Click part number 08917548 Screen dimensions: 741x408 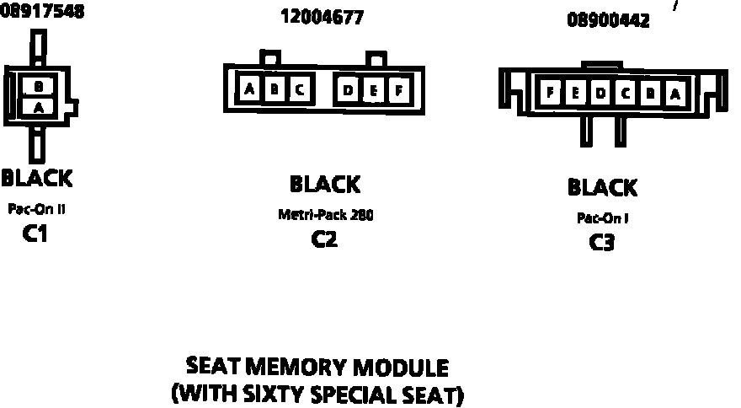click(x=42, y=12)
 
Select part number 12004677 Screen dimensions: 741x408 click(x=323, y=17)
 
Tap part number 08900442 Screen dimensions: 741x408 click(x=608, y=21)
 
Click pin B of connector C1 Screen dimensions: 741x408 click(x=39, y=85)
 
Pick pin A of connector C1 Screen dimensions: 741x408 click(x=39, y=106)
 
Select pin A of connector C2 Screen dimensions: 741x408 click(x=249, y=89)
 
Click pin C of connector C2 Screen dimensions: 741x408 click(x=298, y=89)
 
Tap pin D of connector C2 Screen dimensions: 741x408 click(x=349, y=89)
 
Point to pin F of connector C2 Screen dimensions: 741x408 click(x=398, y=89)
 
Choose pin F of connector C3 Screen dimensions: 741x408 click(x=550, y=94)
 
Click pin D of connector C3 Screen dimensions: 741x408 click(x=600, y=94)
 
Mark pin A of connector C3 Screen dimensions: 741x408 click(x=674, y=94)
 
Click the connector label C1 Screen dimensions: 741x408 click(x=35, y=234)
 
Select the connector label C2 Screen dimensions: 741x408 click(x=324, y=239)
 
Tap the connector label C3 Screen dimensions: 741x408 click(x=601, y=243)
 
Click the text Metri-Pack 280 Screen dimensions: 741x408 click(x=325, y=214)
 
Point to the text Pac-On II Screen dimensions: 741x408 click(x=36, y=208)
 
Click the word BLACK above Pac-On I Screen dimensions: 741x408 click(x=602, y=187)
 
